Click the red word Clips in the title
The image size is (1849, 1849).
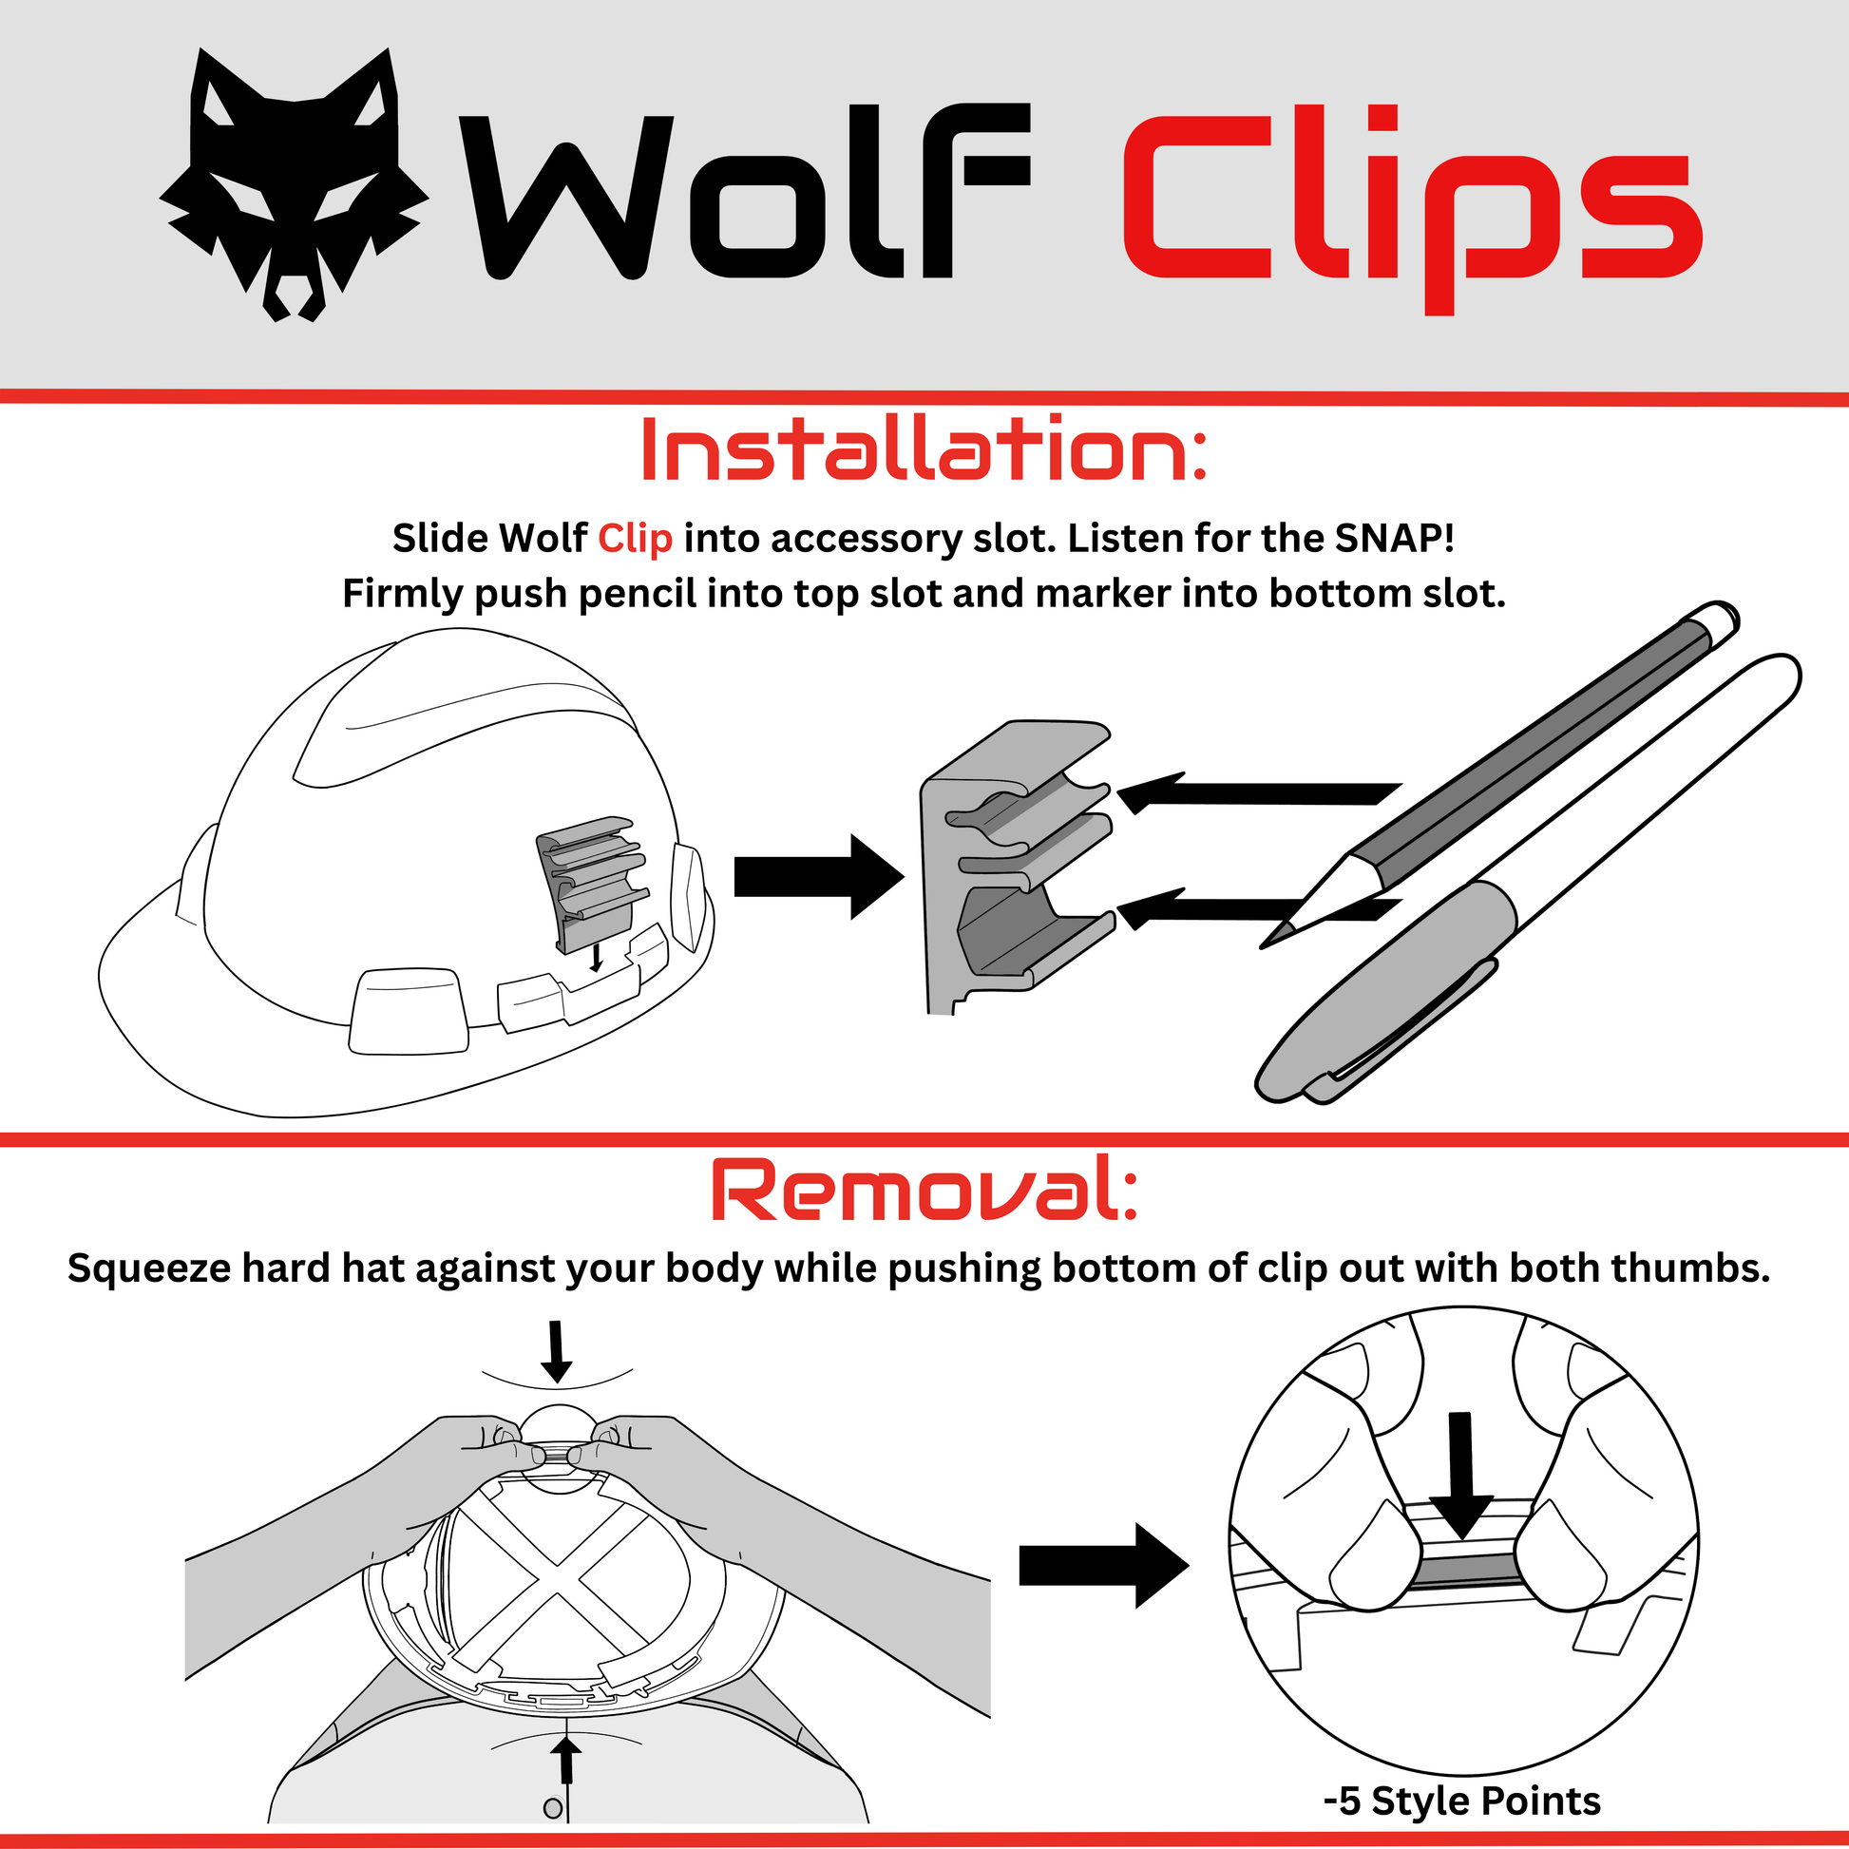[1413, 206]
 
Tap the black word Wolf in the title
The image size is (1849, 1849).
[745, 191]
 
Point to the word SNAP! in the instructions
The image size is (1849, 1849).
[1395, 538]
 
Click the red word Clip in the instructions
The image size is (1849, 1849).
[635, 539]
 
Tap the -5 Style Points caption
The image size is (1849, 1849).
[1462, 1801]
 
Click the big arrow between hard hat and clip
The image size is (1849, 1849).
[818, 877]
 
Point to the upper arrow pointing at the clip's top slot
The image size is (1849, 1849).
[1260, 792]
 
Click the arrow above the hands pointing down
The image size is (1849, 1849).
[556, 1351]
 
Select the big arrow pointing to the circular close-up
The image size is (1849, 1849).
[1103, 1566]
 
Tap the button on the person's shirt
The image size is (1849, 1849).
[552, 1808]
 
